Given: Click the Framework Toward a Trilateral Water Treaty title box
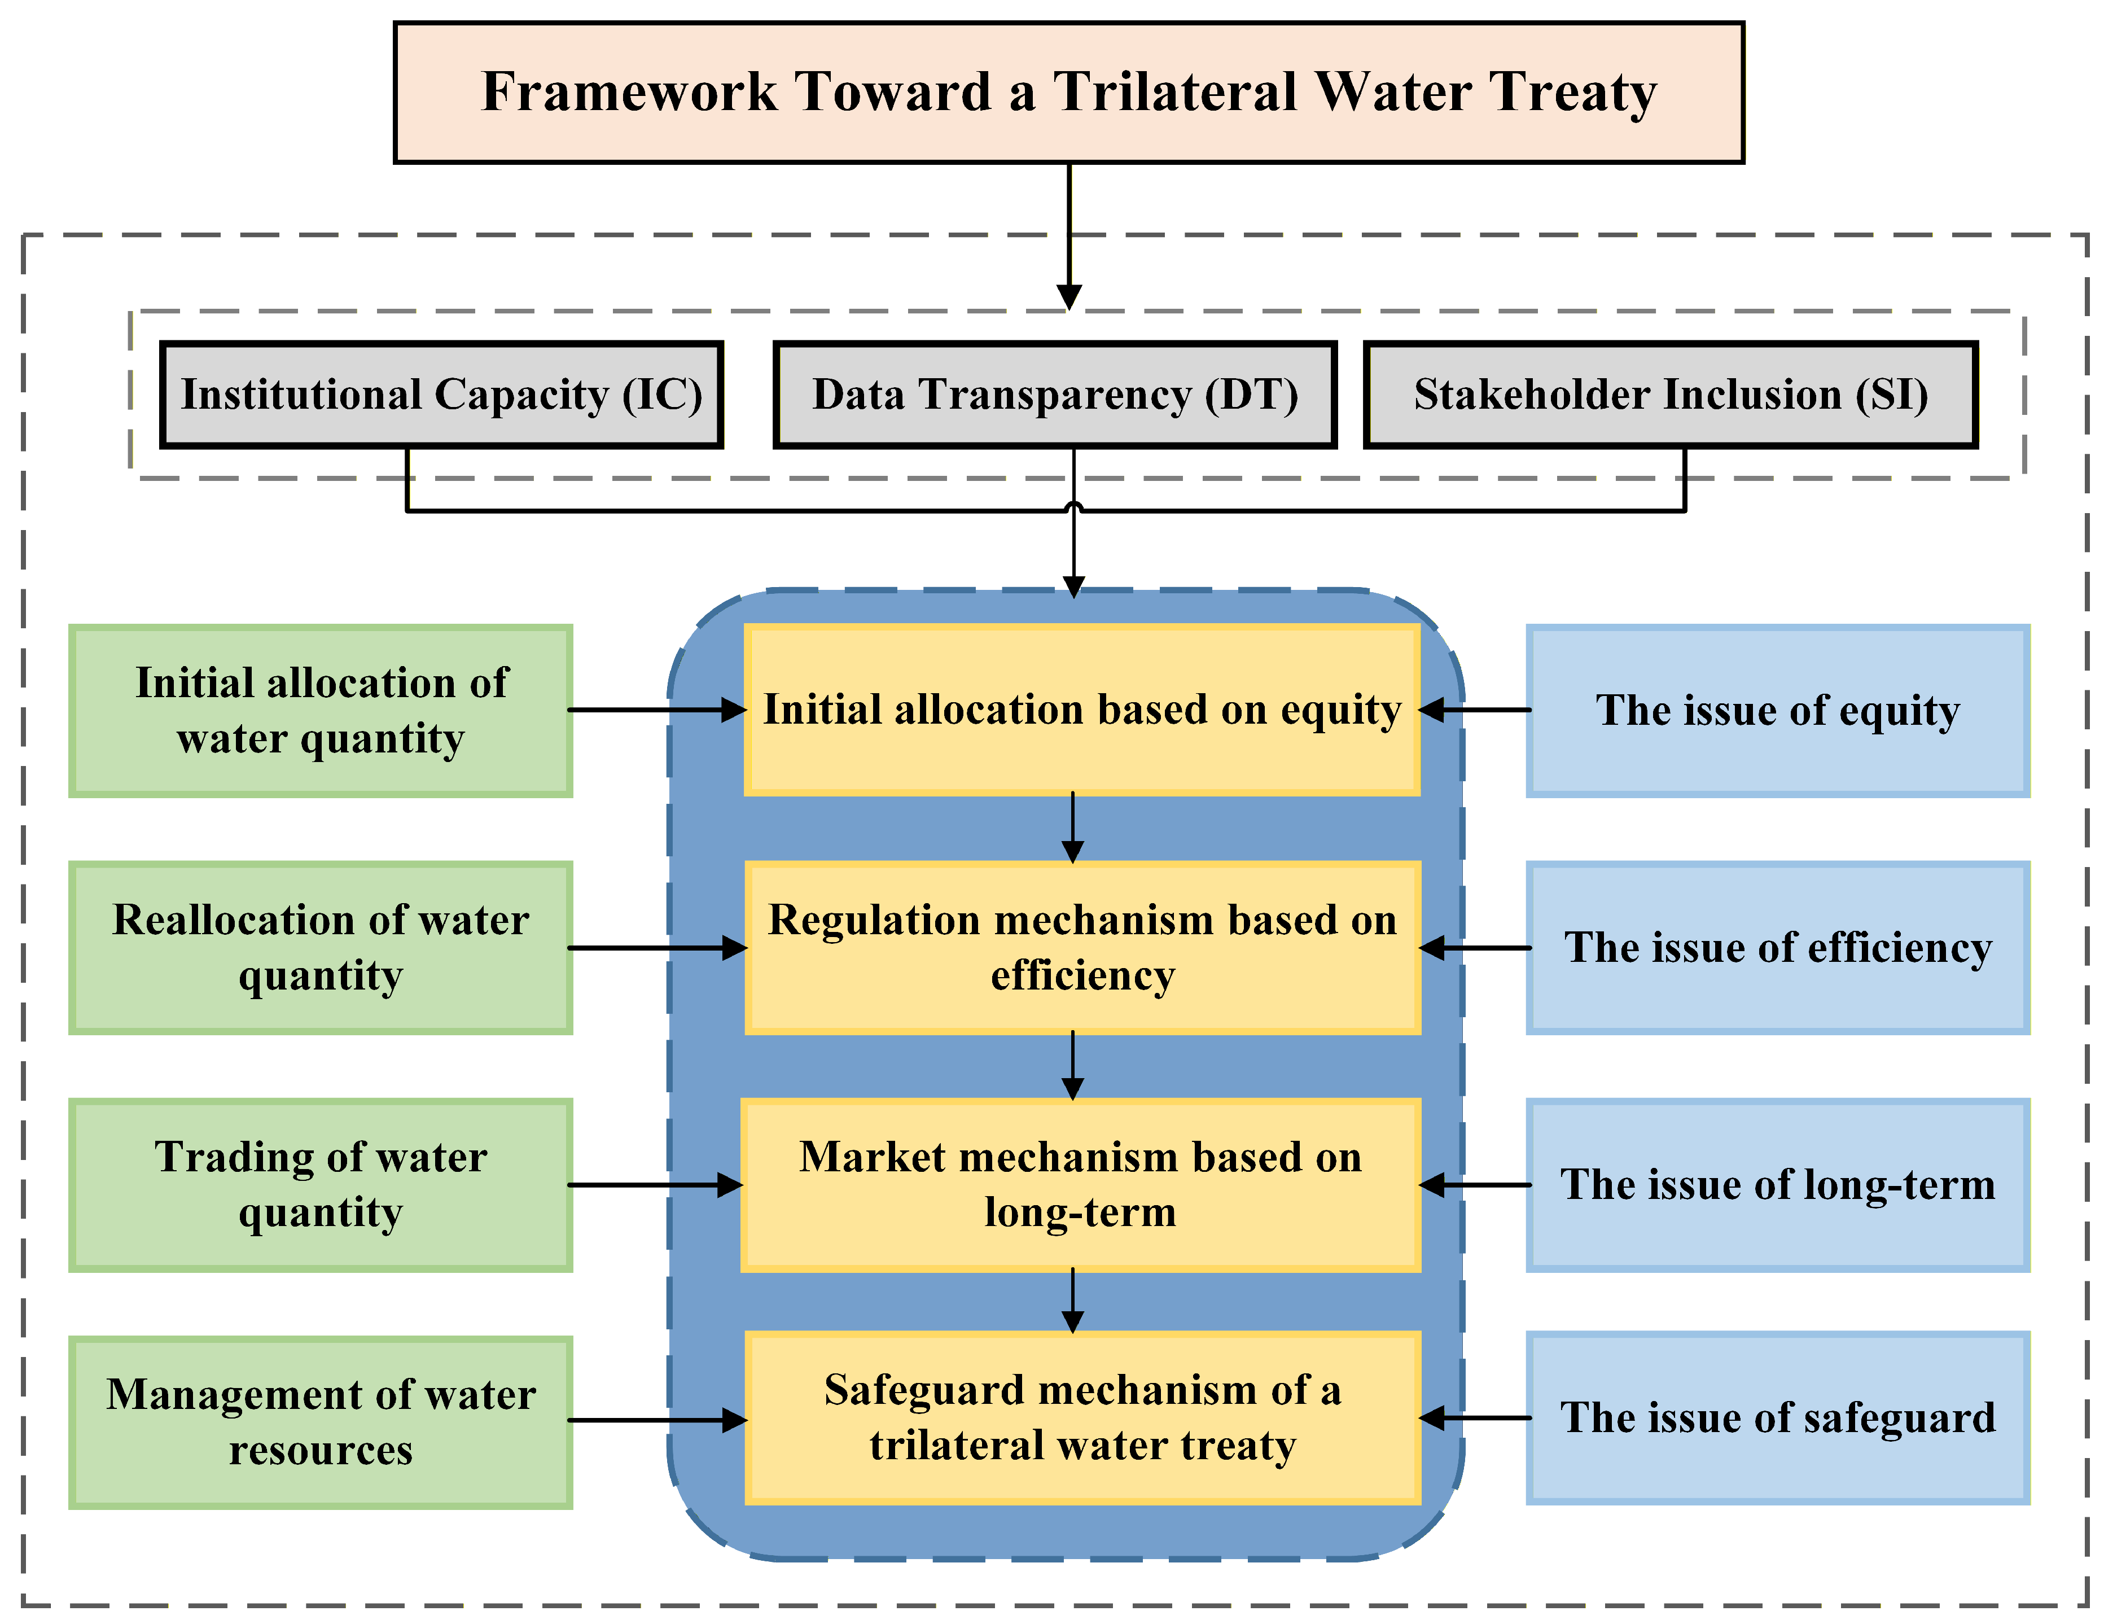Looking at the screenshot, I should click(1068, 93).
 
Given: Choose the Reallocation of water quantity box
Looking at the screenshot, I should click(321, 947).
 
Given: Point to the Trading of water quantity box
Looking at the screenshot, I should click(321, 1184).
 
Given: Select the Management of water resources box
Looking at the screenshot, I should click(321, 1421).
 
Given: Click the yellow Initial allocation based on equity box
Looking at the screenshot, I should click(1082, 710).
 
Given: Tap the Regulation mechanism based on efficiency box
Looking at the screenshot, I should click(1082, 947).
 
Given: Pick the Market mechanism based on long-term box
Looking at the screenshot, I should click(1081, 1184).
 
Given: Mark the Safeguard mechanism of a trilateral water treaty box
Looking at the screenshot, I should click(1082, 1418).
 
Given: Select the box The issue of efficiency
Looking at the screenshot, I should click(1777, 947).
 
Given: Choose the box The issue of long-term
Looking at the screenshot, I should click(1777, 1184).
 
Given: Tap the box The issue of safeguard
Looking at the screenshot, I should click(1777, 1418).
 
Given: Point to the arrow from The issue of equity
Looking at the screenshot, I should click(1474, 710).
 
